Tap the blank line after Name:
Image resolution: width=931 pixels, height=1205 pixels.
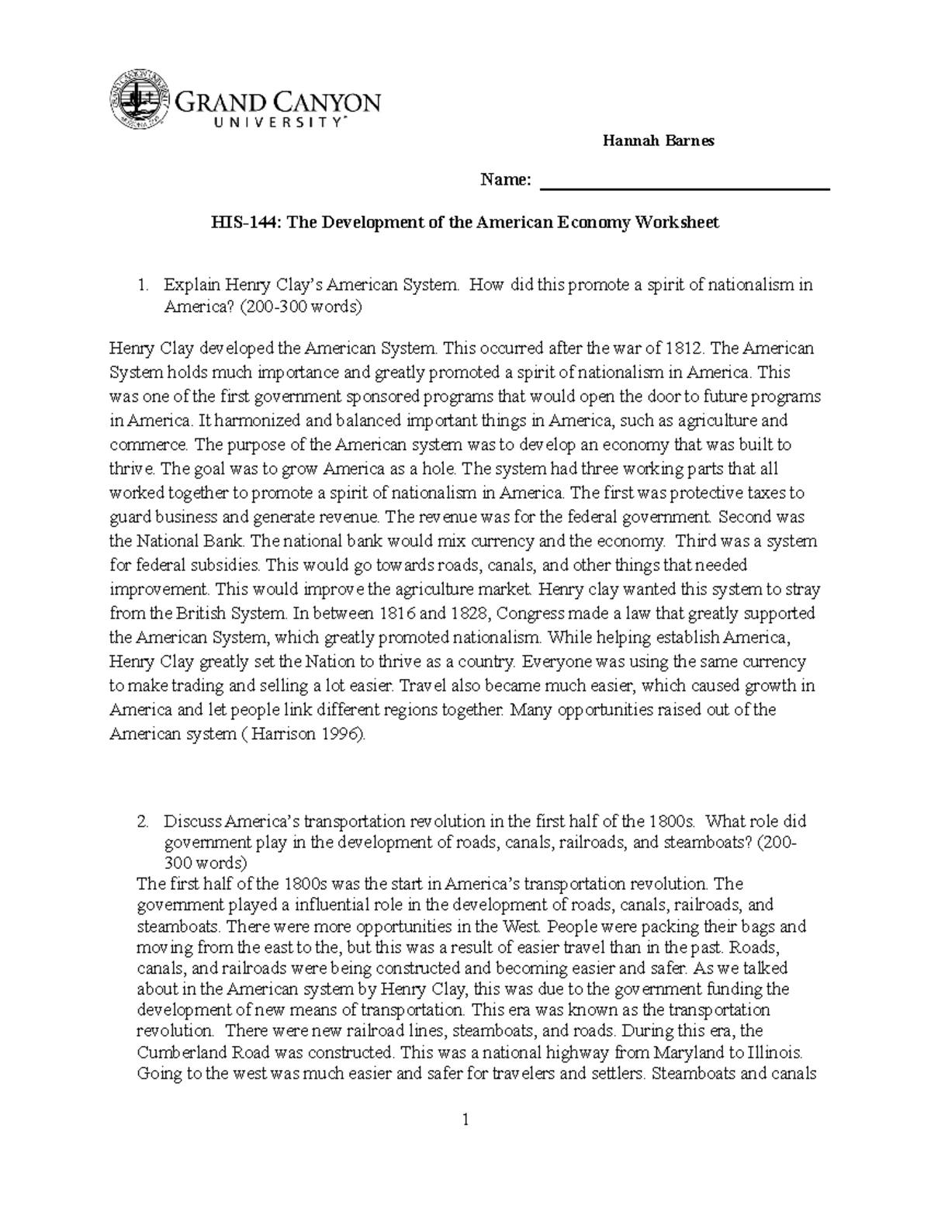point(684,183)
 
